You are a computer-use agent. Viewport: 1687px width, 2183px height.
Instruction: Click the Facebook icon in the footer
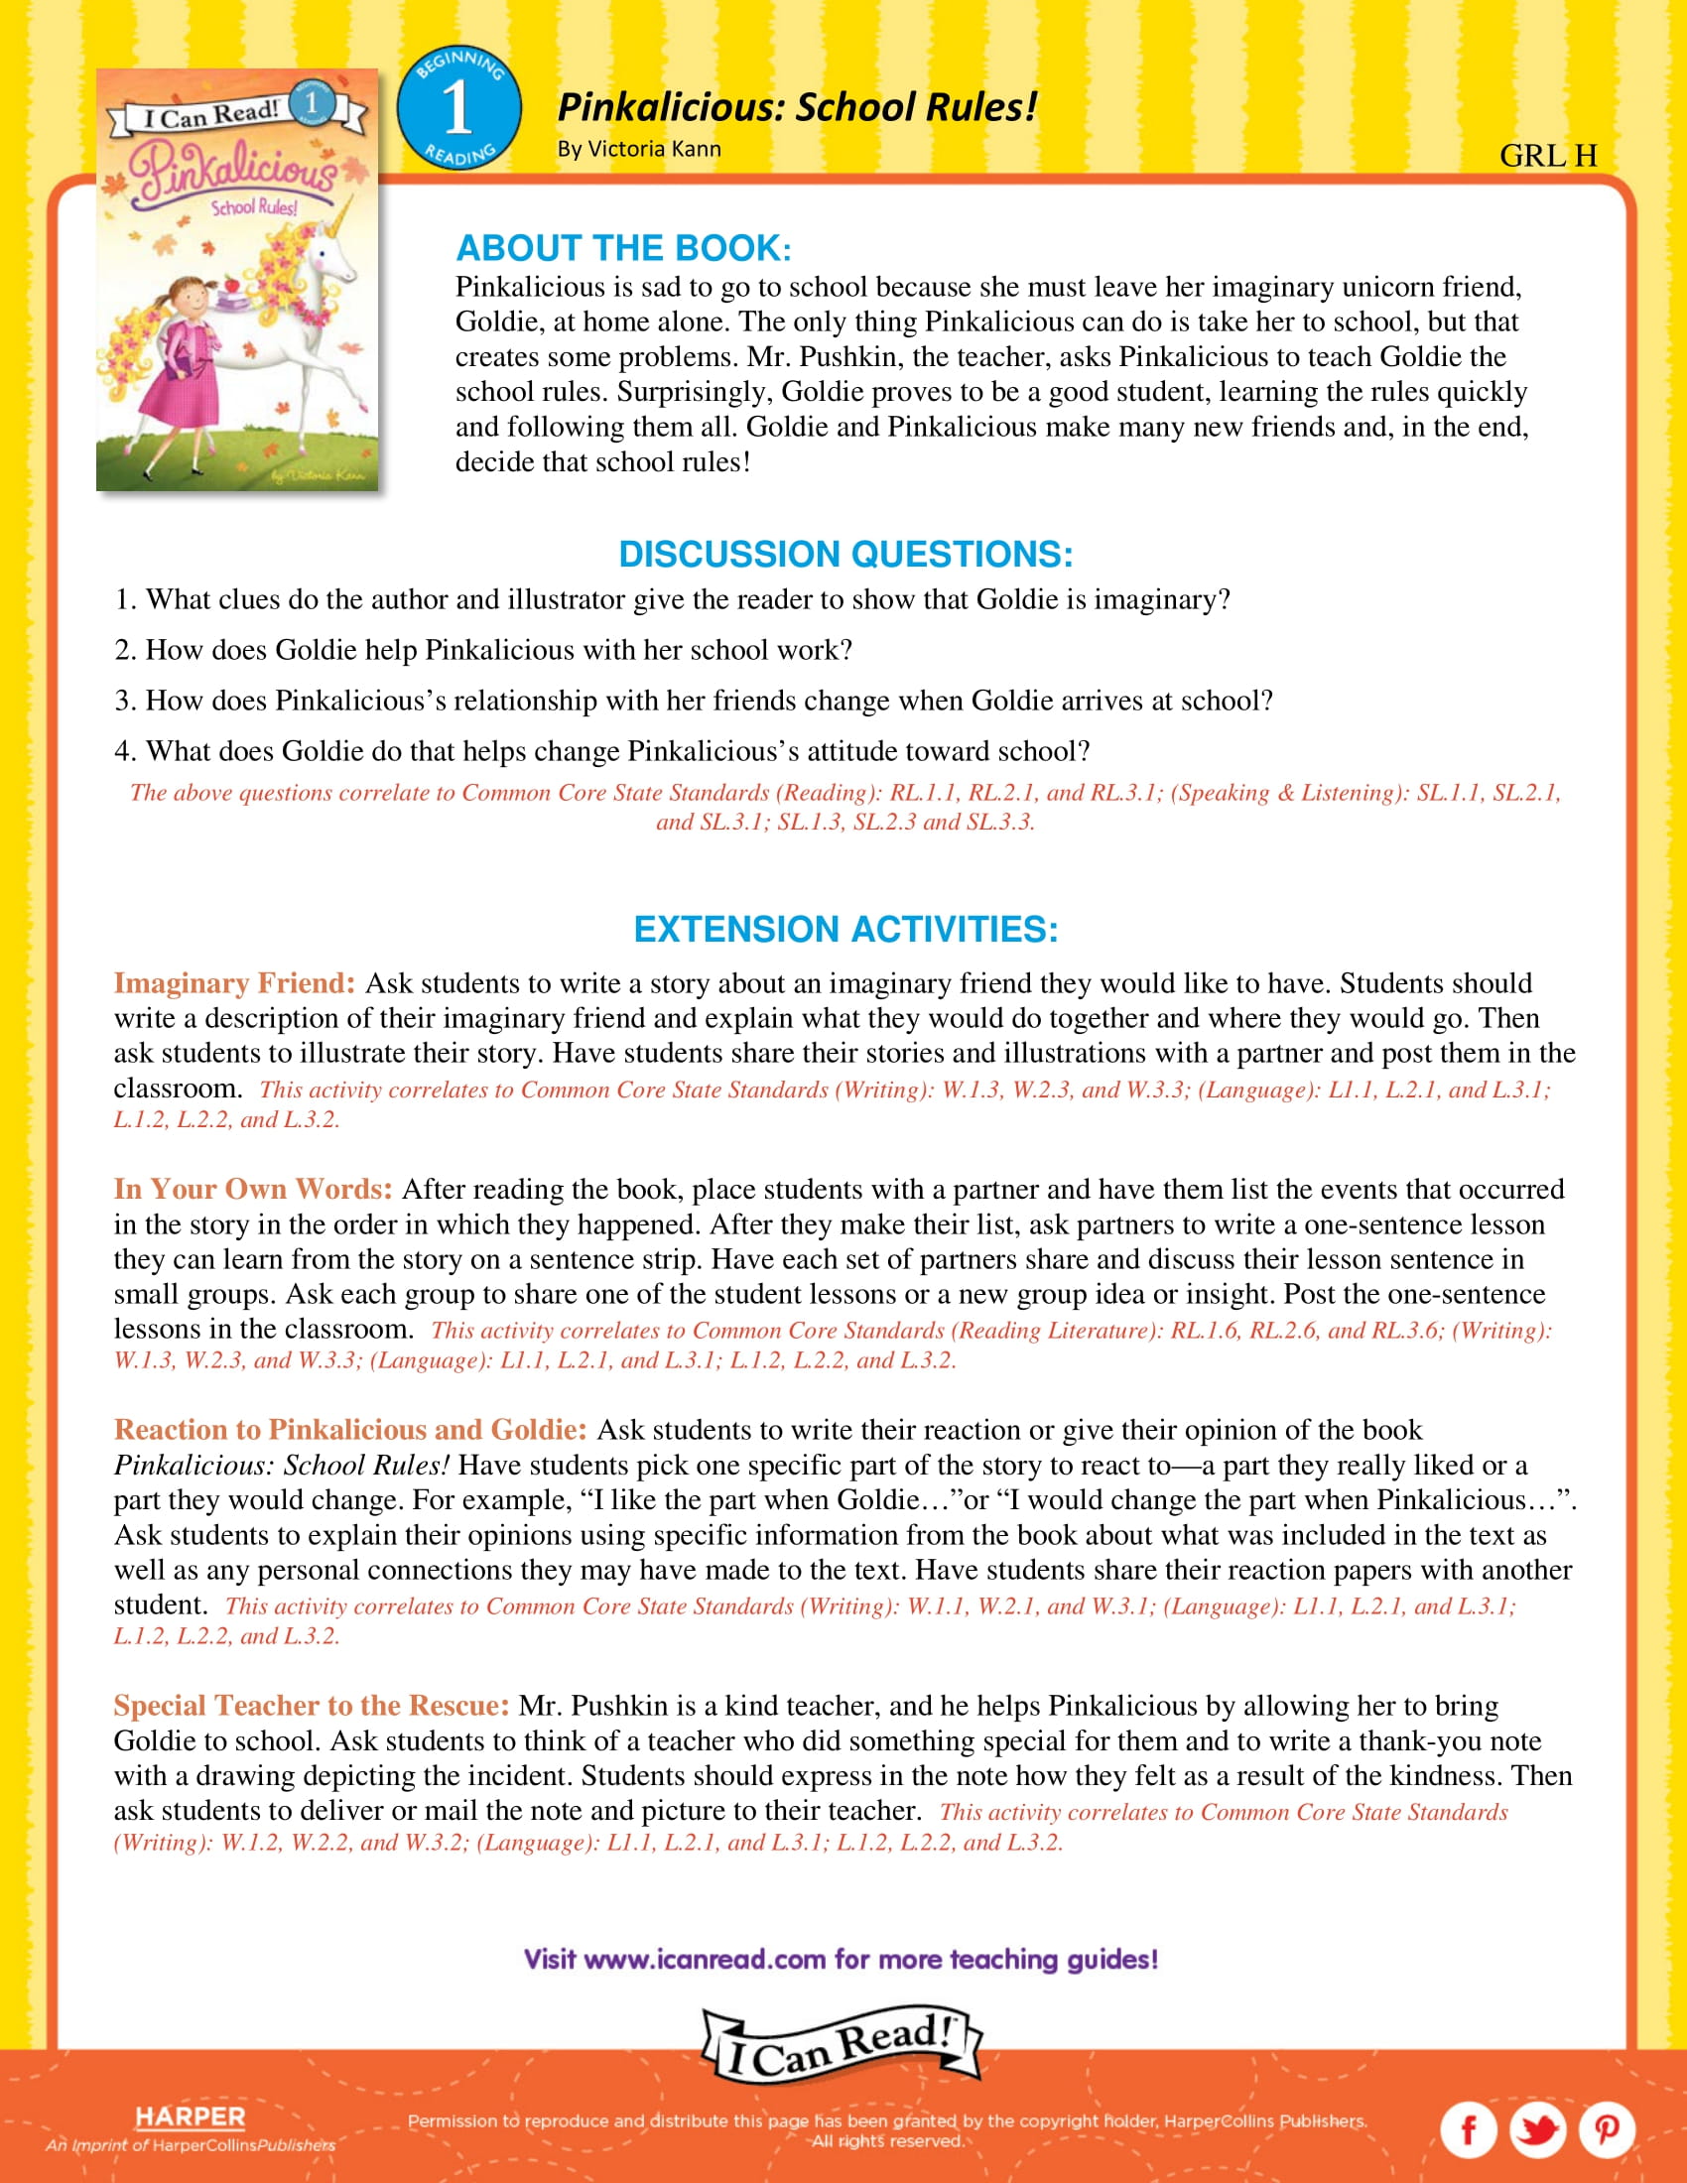pos(1467,2130)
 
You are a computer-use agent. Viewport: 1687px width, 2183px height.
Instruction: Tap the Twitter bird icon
pos(1537,2130)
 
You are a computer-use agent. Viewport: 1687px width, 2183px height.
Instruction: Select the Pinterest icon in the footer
pos(1606,2130)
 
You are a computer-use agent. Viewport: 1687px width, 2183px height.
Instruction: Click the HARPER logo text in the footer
pos(190,2118)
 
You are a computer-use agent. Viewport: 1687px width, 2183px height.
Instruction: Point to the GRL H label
pos(1548,156)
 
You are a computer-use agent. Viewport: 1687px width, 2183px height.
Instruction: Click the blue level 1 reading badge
pos(458,108)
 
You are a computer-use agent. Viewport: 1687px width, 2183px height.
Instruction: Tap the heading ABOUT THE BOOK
pos(622,248)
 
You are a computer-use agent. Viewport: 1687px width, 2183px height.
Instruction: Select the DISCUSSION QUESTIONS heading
pos(845,554)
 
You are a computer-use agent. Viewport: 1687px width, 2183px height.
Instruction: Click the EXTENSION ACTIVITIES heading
pos(845,929)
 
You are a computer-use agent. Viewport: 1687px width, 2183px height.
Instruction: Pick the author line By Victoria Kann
pos(639,149)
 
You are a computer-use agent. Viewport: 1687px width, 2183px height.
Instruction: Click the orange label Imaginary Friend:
pos(234,983)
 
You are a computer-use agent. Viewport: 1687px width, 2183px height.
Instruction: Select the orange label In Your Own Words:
pos(253,1190)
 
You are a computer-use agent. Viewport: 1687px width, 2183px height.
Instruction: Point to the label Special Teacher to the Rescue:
pos(311,1705)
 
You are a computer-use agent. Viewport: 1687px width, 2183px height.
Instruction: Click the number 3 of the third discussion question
pos(122,701)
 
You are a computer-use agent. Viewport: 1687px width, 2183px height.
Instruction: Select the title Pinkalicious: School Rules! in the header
pos(797,107)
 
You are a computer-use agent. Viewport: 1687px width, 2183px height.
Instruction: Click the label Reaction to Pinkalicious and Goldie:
pos(349,1429)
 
